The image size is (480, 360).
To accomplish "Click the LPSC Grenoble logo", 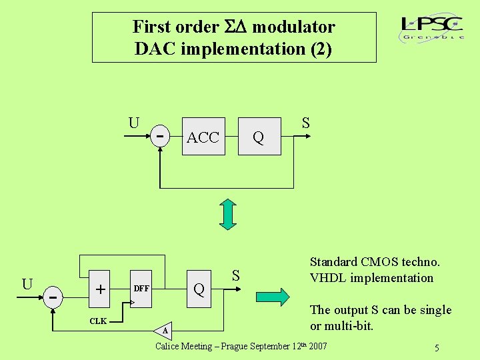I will (x=433, y=28).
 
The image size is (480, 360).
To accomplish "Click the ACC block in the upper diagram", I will (x=203, y=138).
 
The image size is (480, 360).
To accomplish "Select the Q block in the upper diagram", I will (x=258, y=138).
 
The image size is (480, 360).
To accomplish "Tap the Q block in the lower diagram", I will (x=198, y=289).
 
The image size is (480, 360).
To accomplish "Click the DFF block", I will (x=141, y=289).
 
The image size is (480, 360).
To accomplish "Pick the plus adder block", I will (x=100, y=289).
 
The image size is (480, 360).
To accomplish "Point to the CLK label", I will (x=98, y=321).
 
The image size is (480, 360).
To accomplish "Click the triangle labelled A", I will (x=165, y=329).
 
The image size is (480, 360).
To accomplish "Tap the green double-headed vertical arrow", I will (x=228, y=215).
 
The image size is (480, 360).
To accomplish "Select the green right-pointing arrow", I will (x=273, y=296).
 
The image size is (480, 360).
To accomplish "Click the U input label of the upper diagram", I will (x=134, y=123).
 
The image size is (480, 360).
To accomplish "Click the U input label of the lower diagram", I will (x=27, y=283).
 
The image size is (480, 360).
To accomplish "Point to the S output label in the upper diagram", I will (x=305, y=123).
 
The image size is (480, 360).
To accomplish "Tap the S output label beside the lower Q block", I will (x=235, y=275).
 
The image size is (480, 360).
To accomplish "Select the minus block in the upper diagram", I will (x=160, y=135).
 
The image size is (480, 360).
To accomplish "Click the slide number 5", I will (x=436, y=348).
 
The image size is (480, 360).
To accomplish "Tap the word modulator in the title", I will (x=293, y=27).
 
